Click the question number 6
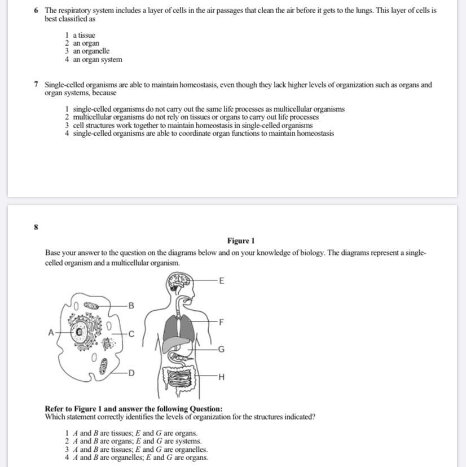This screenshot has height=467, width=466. pos(36,11)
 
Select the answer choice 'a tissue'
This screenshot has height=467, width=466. pos(83,35)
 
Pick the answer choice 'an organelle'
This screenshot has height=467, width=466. pos(91,51)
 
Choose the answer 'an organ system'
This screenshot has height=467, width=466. pos(97,60)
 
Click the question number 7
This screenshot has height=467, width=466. pos(36,85)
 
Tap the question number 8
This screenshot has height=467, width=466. pos(36,227)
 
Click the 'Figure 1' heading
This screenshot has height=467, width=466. pos(241,241)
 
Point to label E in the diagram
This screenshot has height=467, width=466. pos(221,280)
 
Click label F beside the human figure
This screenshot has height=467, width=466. pos(221,322)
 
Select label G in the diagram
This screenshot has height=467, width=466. pos(221,350)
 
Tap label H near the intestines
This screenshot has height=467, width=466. pos(221,377)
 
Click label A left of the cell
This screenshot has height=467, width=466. pos(51,333)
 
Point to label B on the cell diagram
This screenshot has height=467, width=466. pos(131,306)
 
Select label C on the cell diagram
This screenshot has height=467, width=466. pos(131,334)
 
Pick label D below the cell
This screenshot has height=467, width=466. pos(131,373)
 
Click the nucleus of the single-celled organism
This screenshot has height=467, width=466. pos(80,333)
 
